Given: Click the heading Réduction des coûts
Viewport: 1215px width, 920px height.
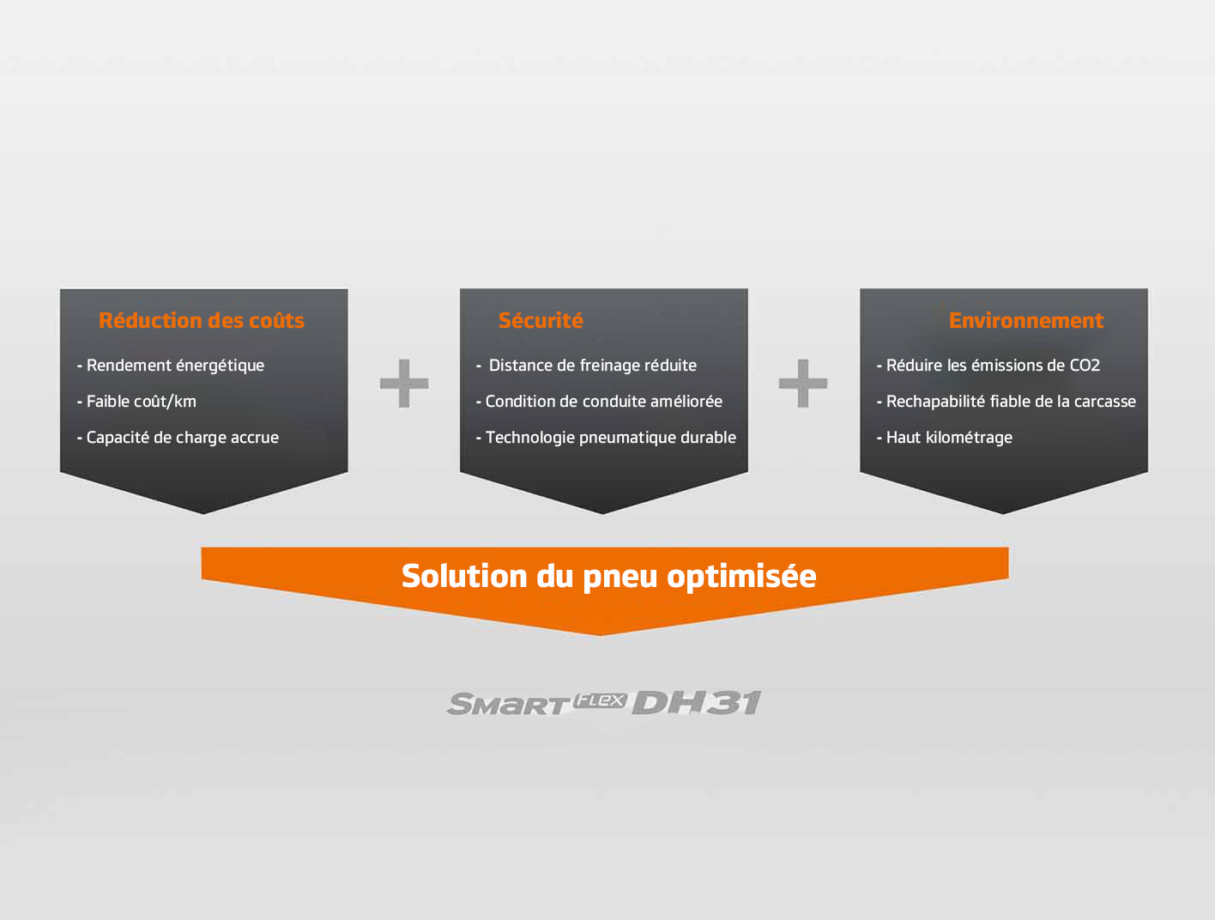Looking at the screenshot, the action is click(202, 320).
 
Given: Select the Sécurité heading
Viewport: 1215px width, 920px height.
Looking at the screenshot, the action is click(541, 320).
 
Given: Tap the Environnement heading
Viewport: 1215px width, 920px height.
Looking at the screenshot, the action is click(1026, 320).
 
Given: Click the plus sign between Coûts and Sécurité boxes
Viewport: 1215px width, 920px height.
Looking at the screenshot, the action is click(404, 383).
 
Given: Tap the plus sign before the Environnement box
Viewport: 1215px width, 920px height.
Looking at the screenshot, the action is click(802, 383).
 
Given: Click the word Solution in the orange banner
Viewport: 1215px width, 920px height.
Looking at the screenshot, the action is click(464, 576).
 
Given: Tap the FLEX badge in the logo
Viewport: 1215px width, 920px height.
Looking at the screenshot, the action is click(601, 701).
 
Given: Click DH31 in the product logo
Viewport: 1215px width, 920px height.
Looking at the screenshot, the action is click(697, 703).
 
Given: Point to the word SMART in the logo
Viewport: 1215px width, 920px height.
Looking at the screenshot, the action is click(508, 704).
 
